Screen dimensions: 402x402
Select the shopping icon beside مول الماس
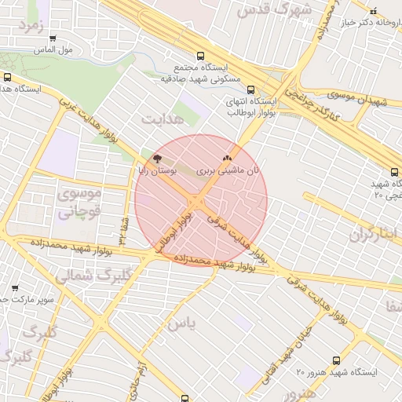pos(53,38)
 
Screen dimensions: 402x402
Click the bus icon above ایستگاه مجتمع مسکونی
pos(201,57)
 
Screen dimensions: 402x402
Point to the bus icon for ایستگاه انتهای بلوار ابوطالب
pos(250,90)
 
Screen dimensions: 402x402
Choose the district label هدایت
pos(162,119)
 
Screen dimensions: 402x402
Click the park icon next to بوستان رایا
pos(147,159)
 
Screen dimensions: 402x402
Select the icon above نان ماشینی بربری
pos(229,158)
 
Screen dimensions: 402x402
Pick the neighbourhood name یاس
pos(179,323)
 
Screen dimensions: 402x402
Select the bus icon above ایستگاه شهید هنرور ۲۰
pos(337,360)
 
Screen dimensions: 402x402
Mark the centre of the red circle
pos(201,200)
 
